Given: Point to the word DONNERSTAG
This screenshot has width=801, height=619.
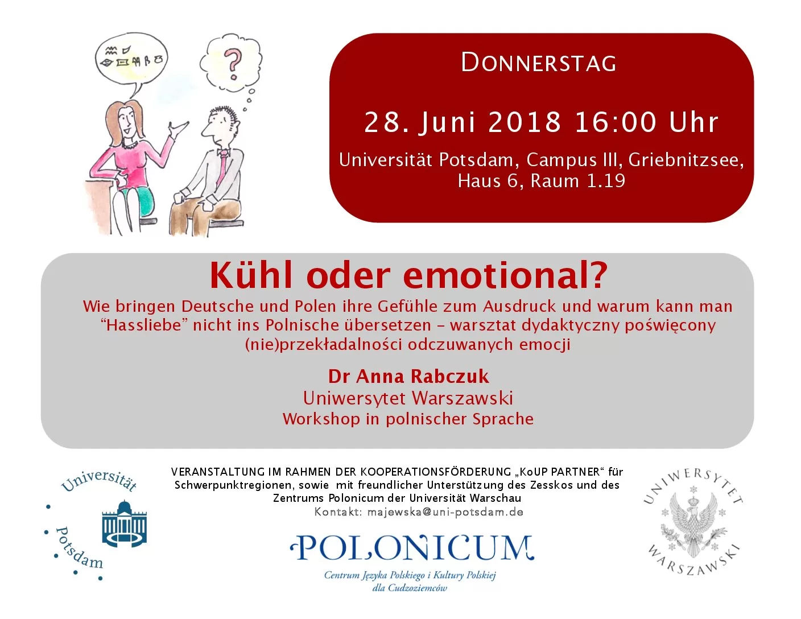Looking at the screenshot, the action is [539, 63].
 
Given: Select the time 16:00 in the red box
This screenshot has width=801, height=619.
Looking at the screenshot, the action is [615, 122].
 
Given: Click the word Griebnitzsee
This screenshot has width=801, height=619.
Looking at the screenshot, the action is [686, 160].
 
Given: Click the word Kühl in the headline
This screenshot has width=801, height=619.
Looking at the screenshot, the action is [251, 275].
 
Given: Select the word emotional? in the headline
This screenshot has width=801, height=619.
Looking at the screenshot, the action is [505, 275].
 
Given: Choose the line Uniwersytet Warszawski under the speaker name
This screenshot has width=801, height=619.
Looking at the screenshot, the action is [408, 398].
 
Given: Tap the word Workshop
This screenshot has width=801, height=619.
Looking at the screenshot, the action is [321, 419].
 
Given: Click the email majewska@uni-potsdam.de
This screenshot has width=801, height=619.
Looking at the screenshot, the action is [445, 512].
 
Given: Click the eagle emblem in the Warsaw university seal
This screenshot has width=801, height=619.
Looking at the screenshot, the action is [693, 525].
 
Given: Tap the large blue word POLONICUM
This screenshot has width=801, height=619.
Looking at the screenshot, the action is [412, 548].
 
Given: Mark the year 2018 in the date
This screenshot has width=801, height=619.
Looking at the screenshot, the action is [525, 122].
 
